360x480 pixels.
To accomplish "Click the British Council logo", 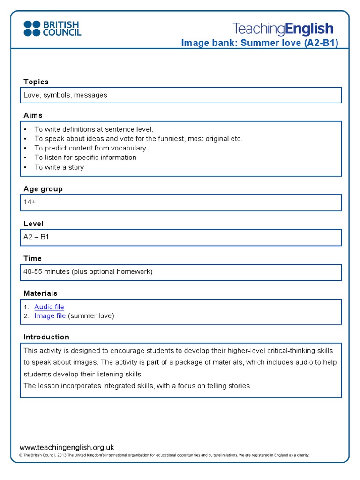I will (x=52, y=28).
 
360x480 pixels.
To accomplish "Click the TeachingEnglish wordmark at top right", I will (x=283, y=29).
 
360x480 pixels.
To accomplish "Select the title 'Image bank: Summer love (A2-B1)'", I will (x=259, y=43).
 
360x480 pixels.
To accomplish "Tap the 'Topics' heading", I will (x=36, y=82).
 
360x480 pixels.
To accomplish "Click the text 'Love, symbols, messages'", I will (x=65, y=95).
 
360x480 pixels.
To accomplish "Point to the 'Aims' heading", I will (x=33, y=115).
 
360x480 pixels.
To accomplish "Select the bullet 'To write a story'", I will (x=59, y=167).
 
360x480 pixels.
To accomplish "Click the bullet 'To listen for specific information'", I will (x=85, y=157).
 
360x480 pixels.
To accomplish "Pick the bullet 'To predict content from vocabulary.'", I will (x=91, y=148).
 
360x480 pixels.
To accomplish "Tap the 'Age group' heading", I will (x=43, y=189).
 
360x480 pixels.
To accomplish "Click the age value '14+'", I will (x=30, y=202).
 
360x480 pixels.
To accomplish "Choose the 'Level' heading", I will (x=33, y=224).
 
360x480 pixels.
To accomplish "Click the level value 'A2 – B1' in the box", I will (x=36, y=237).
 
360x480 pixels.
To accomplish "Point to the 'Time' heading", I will (x=32, y=258).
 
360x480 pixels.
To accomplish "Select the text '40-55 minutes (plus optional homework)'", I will (x=88, y=271).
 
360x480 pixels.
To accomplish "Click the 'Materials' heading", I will (x=40, y=293).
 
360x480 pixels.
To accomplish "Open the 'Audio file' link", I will (x=49, y=307).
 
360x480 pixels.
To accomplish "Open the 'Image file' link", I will (x=50, y=316).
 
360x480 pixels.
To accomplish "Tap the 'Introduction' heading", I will (x=46, y=337).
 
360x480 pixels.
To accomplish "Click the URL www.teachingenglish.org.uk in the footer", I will (x=67, y=447).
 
